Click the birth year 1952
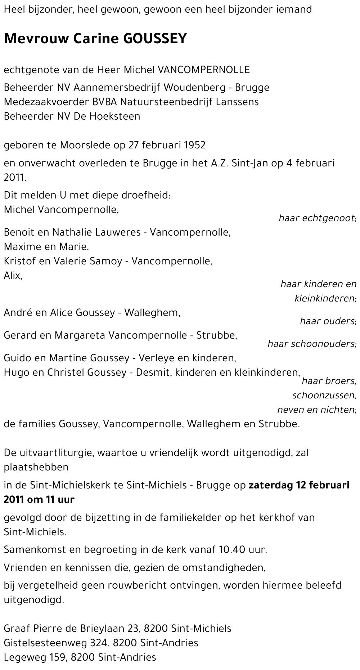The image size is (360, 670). click(x=194, y=145)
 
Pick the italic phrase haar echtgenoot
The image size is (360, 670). click(x=317, y=218)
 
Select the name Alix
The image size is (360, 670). click(x=13, y=276)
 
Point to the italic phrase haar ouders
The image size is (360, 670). click(x=328, y=321)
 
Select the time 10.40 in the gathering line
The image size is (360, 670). click(x=231, y=550)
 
